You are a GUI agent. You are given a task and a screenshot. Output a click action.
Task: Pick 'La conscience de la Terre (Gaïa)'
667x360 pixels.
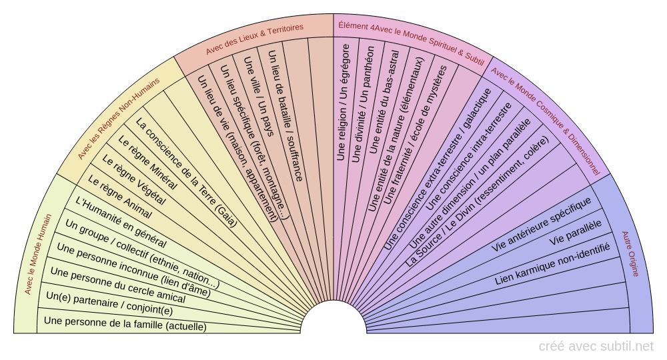tap(187, 173)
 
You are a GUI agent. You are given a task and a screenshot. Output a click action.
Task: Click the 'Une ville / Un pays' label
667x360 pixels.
tap(257, 96)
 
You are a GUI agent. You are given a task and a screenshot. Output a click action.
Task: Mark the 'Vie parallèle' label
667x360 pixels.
tap(576, 231)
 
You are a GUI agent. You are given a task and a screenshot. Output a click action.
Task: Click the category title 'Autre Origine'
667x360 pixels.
tap(630, 253)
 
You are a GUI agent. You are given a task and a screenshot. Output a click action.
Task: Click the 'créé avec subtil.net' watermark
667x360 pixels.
tap(596, 346)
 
